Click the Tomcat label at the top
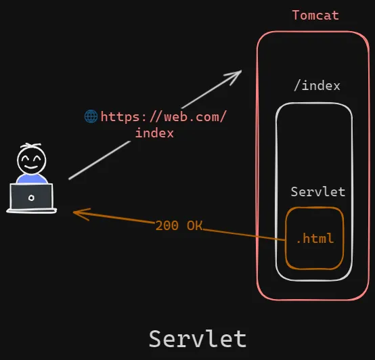315,15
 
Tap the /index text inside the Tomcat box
317,86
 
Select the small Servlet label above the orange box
318,192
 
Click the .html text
315,239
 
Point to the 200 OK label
179,225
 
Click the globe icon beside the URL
91,116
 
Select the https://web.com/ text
163,116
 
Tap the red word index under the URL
154,133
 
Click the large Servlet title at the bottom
198,338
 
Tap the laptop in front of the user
31,198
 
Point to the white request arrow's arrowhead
237,72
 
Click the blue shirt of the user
32,179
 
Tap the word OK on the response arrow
194,225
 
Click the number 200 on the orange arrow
167,225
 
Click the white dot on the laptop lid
31,198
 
